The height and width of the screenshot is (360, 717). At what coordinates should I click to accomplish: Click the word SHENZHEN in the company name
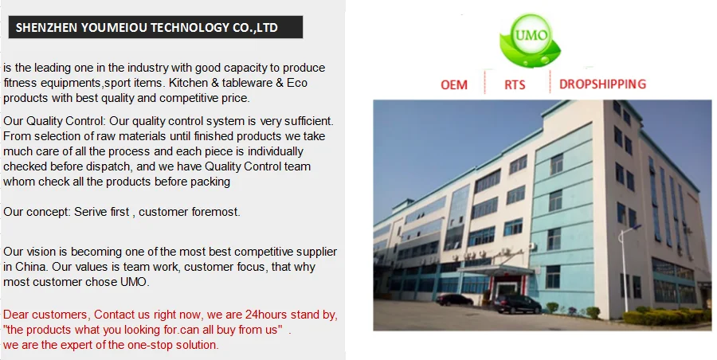pos(45,28)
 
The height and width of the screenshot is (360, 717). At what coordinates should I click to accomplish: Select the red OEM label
pos(454,84)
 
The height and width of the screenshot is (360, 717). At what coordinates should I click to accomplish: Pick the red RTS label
pos(515,84)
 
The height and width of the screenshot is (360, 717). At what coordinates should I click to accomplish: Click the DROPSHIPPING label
pos(602,84)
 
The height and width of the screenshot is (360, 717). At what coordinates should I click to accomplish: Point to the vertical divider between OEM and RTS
pos(486,84)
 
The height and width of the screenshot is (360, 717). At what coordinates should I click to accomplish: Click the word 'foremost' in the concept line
pos(215,212)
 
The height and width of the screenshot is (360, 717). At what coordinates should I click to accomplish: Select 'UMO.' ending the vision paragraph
pos(132,281)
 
